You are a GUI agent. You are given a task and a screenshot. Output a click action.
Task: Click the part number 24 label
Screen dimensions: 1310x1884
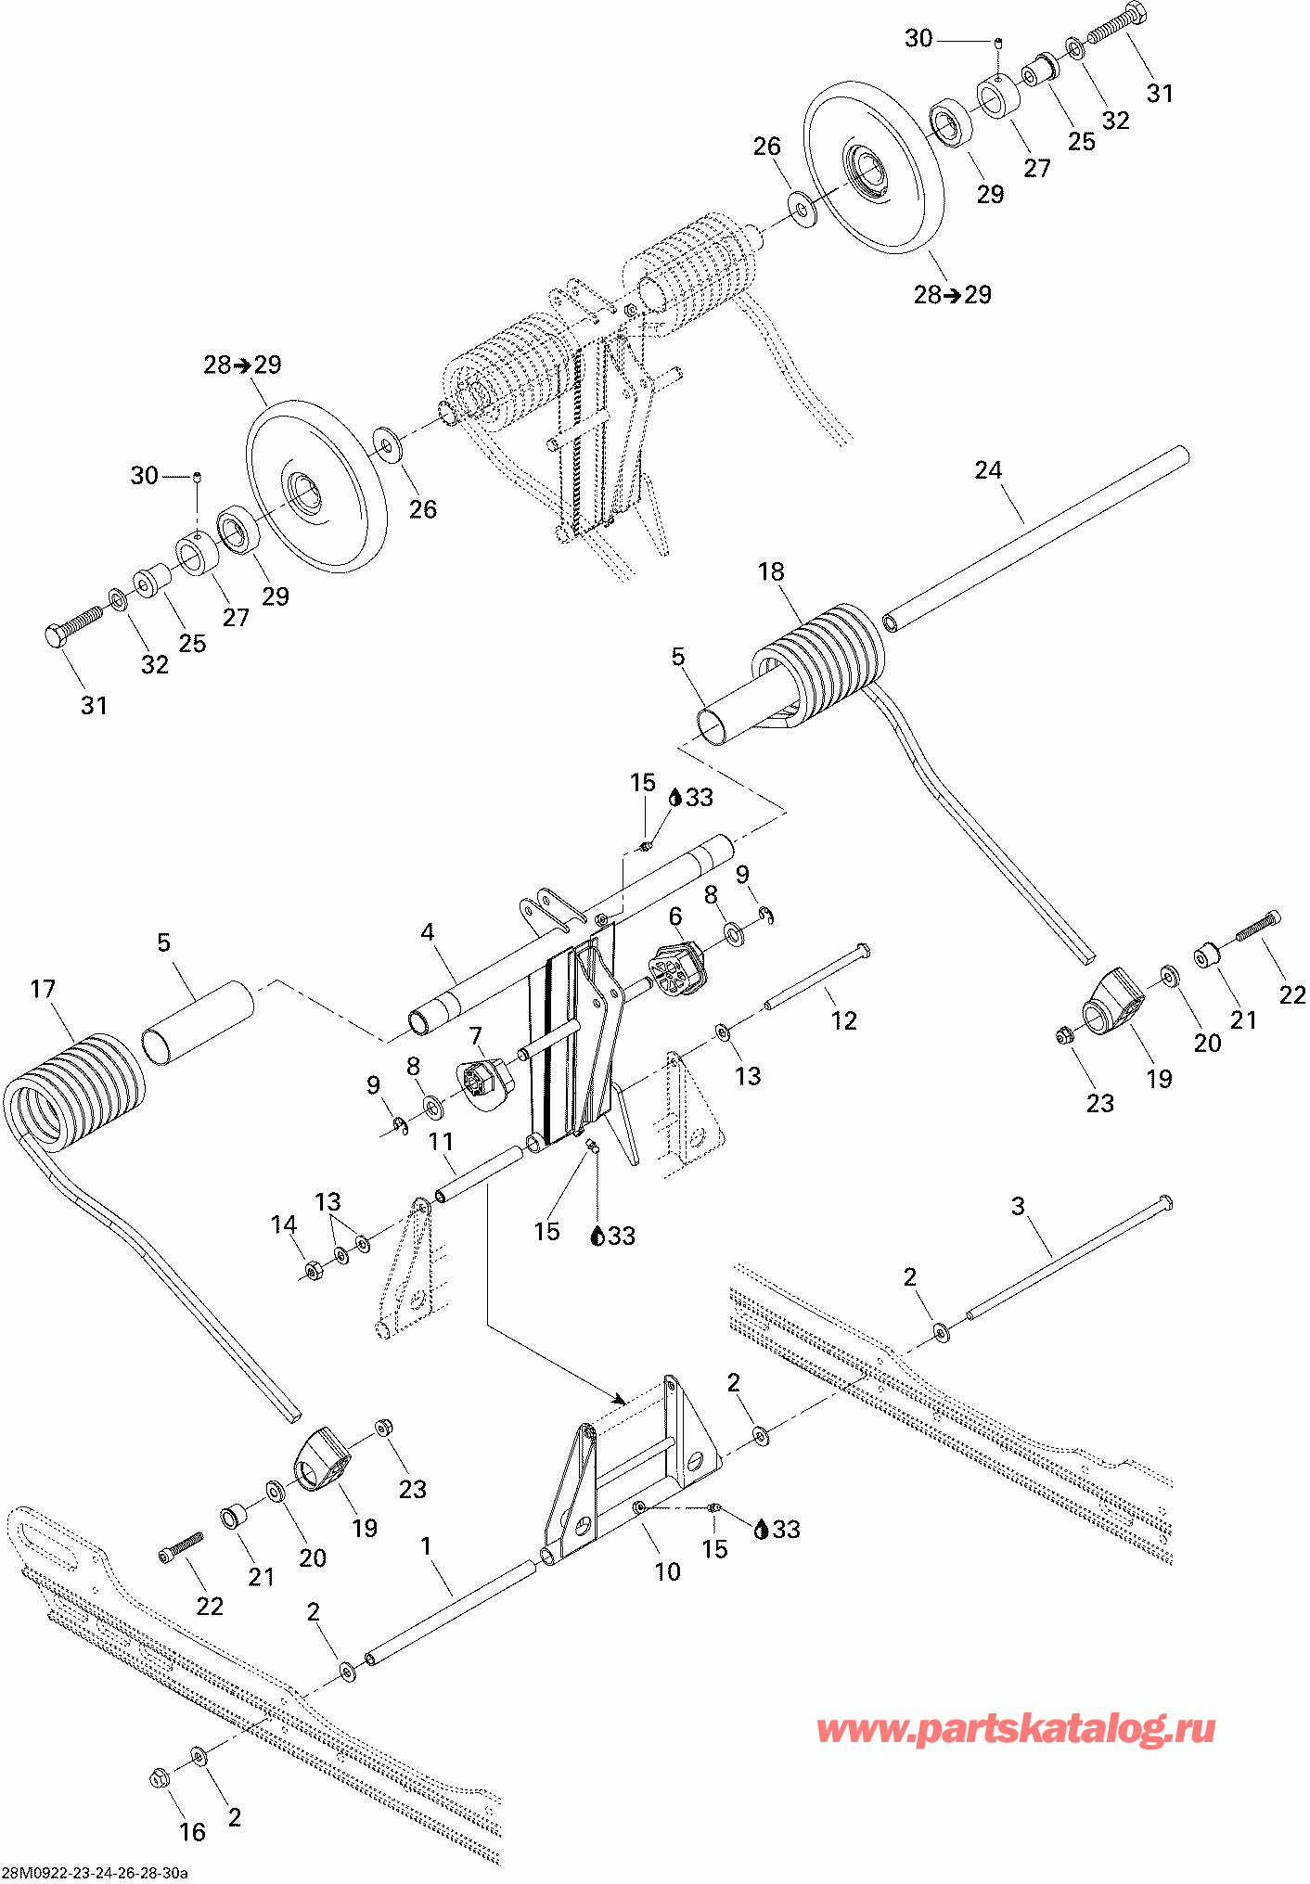coord(988,470)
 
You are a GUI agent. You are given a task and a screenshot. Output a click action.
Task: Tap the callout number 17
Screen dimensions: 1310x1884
coord(43,989)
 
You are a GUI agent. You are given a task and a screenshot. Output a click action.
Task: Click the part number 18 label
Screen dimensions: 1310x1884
coord(771,571)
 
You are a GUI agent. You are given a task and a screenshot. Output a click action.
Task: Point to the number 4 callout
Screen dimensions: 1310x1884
coord(428,931)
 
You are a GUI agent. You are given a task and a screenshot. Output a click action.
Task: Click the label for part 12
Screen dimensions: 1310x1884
coord(843,1020)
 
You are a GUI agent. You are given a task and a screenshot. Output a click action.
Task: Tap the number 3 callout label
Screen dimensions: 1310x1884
coord(1018,1206)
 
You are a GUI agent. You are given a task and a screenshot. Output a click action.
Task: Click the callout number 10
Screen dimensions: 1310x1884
coord(668,1571)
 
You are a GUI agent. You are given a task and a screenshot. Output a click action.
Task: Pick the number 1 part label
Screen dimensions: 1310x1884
coord(426,1545)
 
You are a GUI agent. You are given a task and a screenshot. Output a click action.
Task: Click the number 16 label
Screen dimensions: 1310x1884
coord(192,1832)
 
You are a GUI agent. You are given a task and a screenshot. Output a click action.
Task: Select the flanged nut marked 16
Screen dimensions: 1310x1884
coord(159,1778)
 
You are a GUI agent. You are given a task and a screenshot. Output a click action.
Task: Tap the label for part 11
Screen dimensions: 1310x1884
coord(441,1140)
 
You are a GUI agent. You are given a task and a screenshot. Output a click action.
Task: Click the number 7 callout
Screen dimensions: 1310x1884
coord(476,1035)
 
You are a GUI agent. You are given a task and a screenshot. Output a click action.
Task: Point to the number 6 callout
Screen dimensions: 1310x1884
coord(675,916)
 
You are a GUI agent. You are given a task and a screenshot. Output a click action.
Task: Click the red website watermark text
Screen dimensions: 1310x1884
coord(1016,1729)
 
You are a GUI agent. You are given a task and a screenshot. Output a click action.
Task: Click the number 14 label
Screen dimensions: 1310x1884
coord(284,1224)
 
